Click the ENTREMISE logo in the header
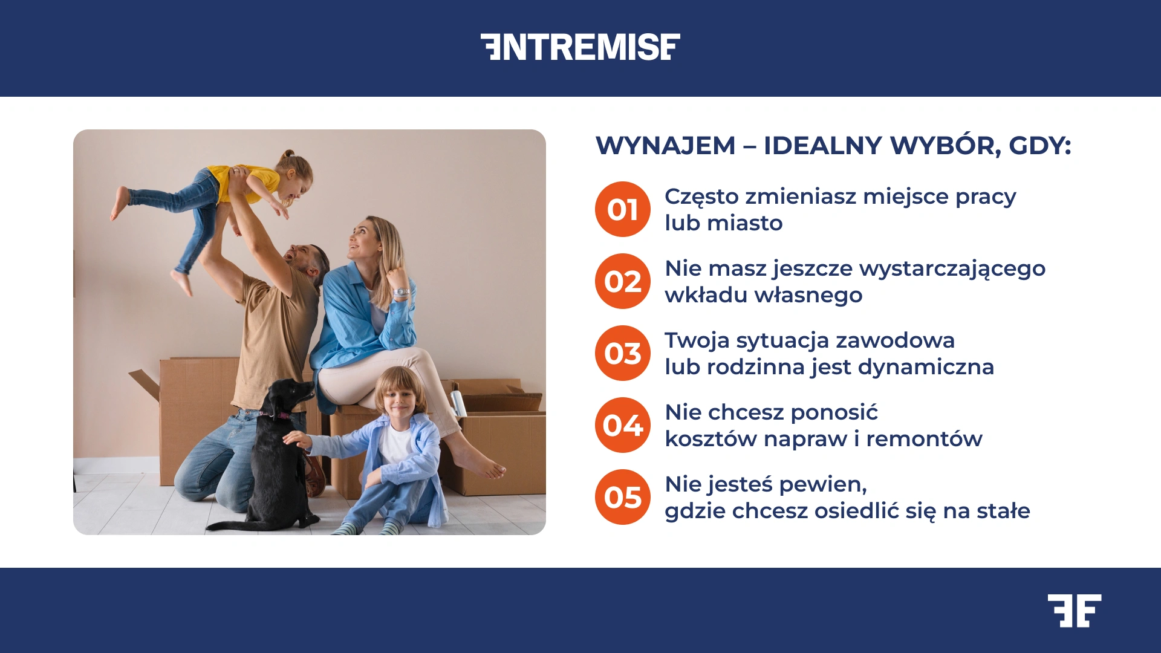[x=580, y=47]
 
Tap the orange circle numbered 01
[x=622, y=209]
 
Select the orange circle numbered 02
[x=622, y=281]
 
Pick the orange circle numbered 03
[x=622, y=353]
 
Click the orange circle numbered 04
[x=622, y=425]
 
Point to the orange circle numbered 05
[x=622, y=497]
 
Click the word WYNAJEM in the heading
[x=665, y=146]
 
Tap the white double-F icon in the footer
[x=1075, y=611]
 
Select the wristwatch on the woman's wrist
[x=401, y=293]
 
